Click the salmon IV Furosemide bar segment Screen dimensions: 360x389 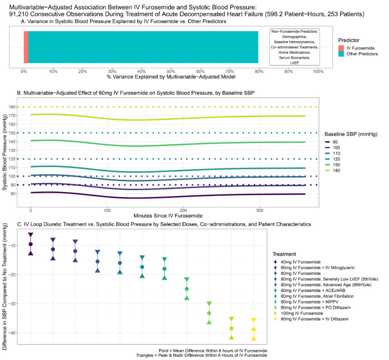[26, 47]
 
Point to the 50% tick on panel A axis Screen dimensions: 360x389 [171, 72]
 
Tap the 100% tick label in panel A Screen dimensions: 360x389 [318, 72]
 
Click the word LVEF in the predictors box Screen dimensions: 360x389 [294, 62]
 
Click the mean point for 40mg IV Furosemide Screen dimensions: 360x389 [30, 244]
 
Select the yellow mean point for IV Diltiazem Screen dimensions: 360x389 [254, 330]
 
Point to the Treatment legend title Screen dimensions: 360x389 [285, 254]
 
